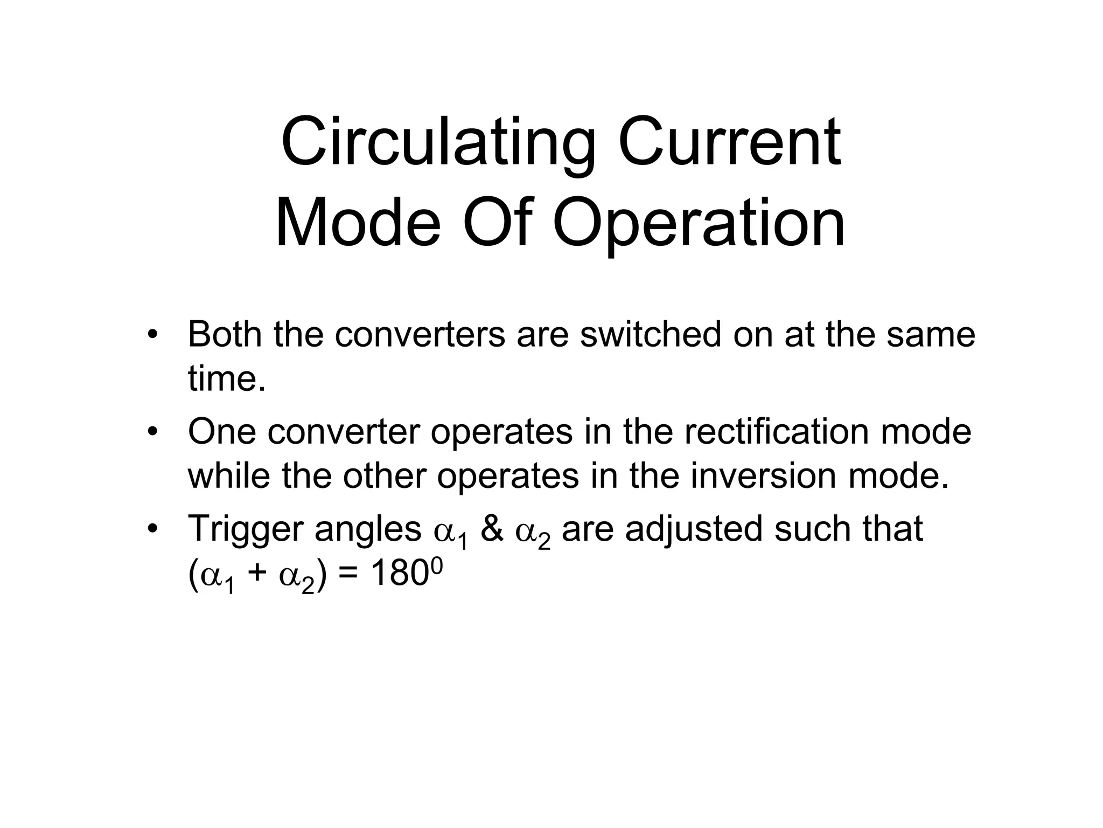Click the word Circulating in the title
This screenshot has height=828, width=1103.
pos(437,143)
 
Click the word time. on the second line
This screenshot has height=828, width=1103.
pos(227,378)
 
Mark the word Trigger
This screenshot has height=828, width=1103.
pos(245,529)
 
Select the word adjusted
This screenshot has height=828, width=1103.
pos(694,529)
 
